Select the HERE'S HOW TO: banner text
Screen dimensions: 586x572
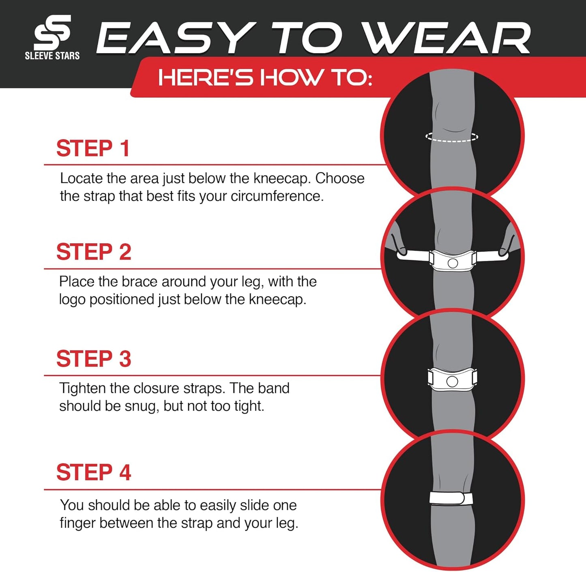265,77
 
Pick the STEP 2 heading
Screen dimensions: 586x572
94,252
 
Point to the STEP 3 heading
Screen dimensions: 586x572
94,358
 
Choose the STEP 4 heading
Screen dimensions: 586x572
94,472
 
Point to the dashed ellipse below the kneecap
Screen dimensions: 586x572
452,137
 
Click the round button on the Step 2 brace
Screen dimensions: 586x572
453,264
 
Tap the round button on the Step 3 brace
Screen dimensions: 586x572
452,382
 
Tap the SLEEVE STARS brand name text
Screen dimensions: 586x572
52,56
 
